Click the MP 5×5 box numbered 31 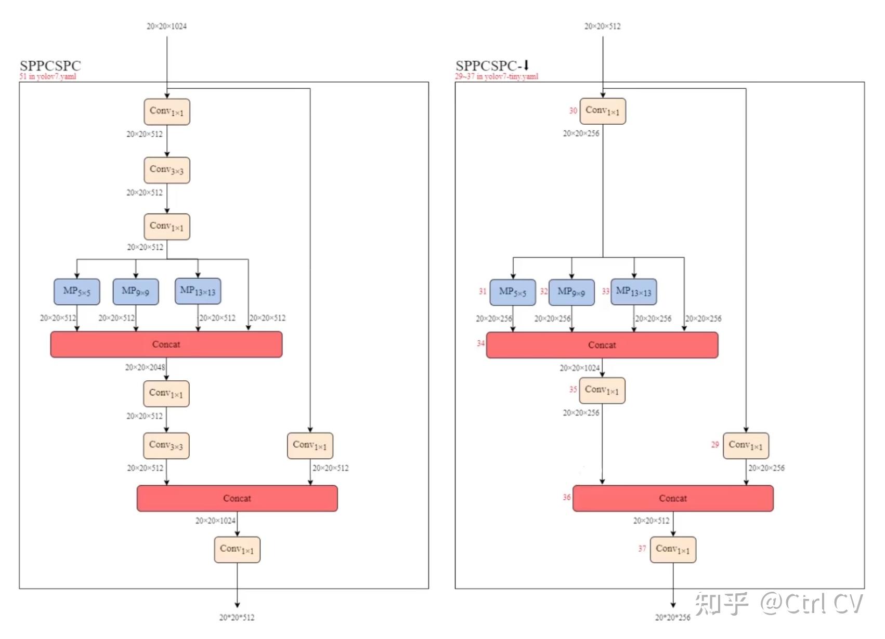click(512, 292)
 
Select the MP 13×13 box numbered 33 click(634, 291)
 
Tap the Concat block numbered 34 click(602, 345)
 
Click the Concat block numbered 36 click(673, 498)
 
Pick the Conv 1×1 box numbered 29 click(746, 446)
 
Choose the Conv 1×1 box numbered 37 click(673, 550)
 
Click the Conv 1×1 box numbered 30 click(603, 111)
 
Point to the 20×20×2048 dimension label click(145, 367)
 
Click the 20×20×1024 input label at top click(167, 26)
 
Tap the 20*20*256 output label click(672, 617)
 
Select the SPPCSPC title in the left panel click(50, 65)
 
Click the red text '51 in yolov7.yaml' click(48, 76)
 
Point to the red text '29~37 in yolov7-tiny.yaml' click(497, 76)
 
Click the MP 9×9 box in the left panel click(136, 291)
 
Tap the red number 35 click(573, 390)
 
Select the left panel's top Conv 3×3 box click(167, 170)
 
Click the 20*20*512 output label click(237, 617)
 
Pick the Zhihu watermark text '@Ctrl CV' click(812, 604)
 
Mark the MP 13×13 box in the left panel click(198, 291)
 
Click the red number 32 click(544, 291)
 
